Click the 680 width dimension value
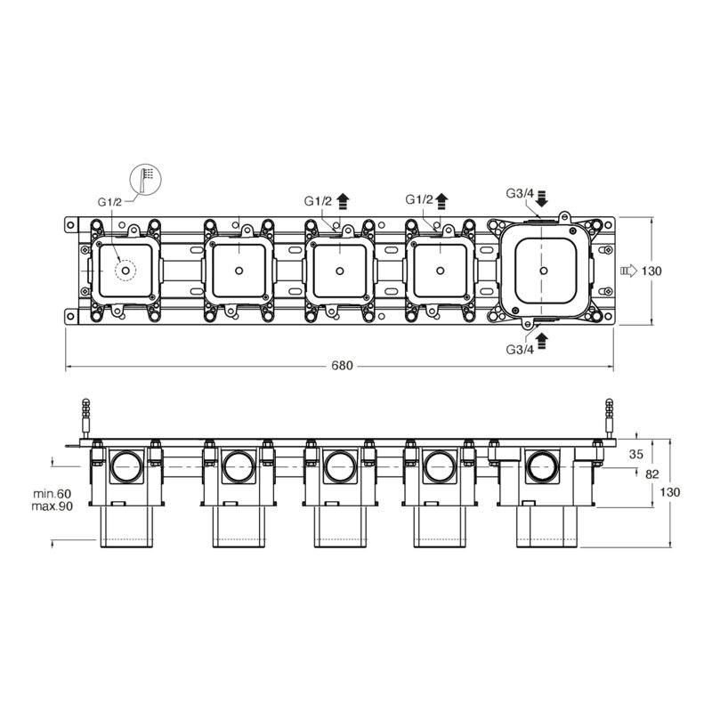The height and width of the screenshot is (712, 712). pyautogui.click(x=342, y=366)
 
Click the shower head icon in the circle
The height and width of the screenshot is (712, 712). pyautogui.click(x=146, y=179)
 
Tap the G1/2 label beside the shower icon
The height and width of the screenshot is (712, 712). pyautogui.click(x=109, y=202)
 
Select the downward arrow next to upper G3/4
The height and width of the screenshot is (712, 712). pyautogui.click(x=542, y=198)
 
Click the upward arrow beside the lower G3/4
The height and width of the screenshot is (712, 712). pyautogui.click(x=542, y=341)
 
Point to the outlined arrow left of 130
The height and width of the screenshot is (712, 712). pyautogui.click(x=629, y=271)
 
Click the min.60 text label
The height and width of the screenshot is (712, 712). pyautogui.click(x=53, y=494)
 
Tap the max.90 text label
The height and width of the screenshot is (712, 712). pyautogui.click(x=53, y=506)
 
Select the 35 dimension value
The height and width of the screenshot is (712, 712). pyautogui.click(x=636, y=454)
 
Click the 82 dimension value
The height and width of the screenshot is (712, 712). pyautogui.click(x=651, y=474)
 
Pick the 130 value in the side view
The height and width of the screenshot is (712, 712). pyautogui.click(x=670, y=492)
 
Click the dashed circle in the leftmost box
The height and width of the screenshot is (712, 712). pyautogui.click(x=125, y=271)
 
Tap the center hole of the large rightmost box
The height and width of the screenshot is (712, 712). pyautogui.click(x=544, y=271)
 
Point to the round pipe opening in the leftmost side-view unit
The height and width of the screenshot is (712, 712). pyautogui.click(x=127, y=466)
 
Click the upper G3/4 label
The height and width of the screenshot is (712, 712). pyautogui.click(x=520, y=193)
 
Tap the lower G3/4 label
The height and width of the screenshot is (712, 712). pyautogui.click(x=520, y=349)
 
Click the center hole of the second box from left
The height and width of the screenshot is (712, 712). pyautogui.click(x=239, y=271)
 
